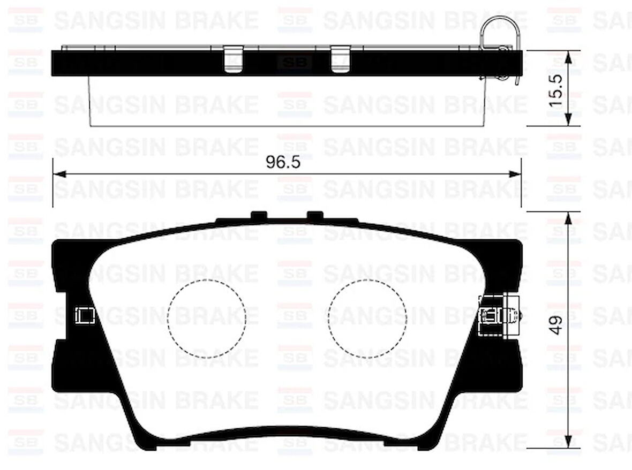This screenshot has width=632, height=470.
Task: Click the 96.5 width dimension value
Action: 283,163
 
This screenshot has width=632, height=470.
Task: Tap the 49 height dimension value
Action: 556,325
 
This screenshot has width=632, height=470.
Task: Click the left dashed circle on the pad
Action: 206,319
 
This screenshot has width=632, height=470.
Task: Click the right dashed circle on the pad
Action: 367,319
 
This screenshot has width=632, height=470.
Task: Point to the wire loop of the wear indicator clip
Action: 500,29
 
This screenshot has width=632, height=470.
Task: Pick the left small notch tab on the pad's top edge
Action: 259,215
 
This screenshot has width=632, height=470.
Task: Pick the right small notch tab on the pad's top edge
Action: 315,215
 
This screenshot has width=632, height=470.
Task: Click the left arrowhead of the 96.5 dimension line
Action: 59,174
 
